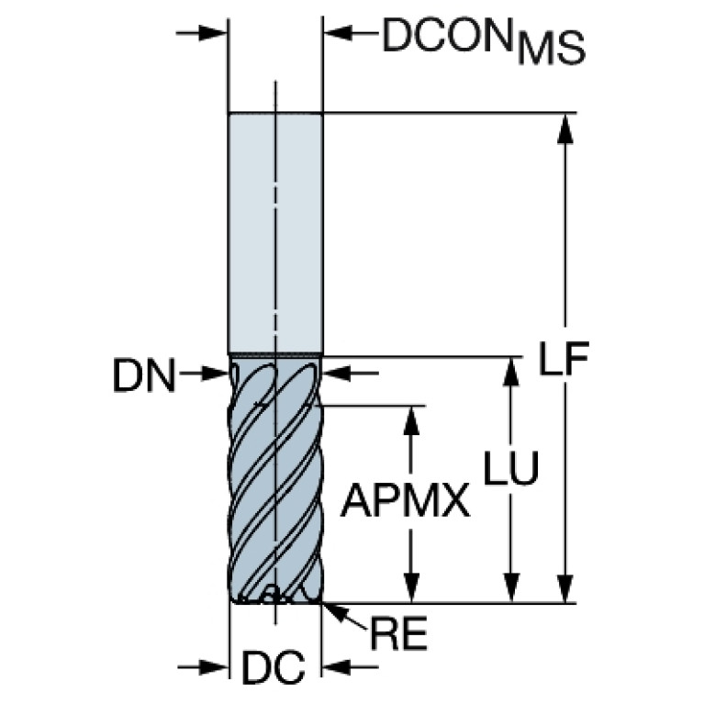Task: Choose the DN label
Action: point(144,375)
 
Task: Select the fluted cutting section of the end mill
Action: point(275,477)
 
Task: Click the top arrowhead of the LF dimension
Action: point(566,129)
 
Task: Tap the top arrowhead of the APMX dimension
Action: point(413,419)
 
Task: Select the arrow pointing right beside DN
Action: point(213,373)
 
